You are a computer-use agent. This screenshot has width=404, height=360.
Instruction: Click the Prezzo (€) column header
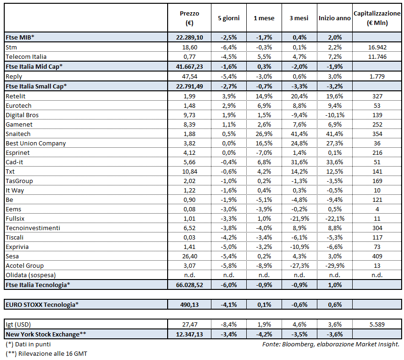pos(189,18)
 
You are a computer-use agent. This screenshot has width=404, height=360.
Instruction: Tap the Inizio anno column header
pos(334,18)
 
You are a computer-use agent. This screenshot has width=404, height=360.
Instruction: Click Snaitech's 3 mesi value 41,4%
pos(299,134)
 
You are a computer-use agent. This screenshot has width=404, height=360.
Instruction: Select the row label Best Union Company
pos(36,143)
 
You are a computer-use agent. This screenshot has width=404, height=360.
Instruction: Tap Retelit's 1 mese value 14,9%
pos(263,96)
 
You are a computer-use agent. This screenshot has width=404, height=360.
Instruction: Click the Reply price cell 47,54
pos(189,76)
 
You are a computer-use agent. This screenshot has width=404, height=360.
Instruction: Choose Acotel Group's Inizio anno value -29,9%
pos(334,266)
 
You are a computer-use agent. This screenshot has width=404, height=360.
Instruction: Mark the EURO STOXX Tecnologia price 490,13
pos(189,304)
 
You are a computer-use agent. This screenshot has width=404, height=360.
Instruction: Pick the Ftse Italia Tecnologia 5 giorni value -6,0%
pos(228,285)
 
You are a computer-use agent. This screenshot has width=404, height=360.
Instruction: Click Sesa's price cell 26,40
pos(189,256)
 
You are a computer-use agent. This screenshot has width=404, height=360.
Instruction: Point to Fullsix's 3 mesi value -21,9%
pos(299,218)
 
